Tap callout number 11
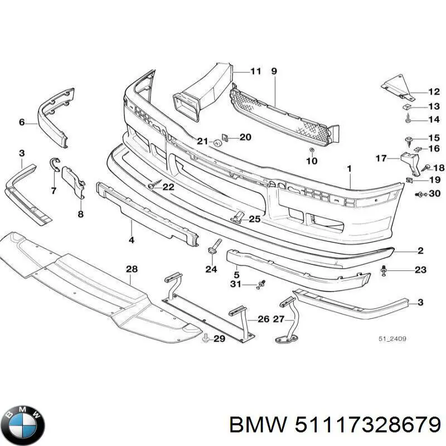click(x=255, y=71)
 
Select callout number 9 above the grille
click(x=274, y=71)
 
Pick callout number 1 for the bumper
click(x=349, y=168)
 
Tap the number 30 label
click(x=435, y=194)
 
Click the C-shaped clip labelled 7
click(x=54, y=163)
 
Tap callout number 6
click(x=22, y=122)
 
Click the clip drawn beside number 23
click(x=385, y=270)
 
